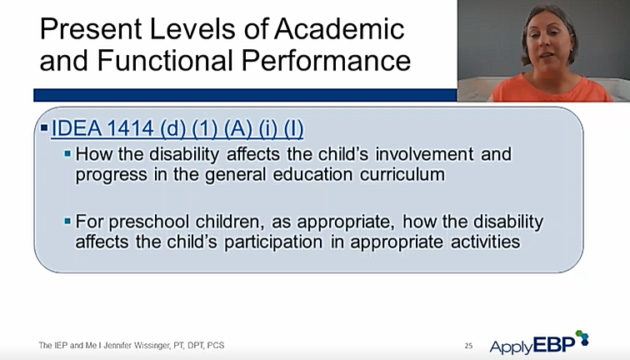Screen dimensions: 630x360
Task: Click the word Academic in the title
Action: (339, 29)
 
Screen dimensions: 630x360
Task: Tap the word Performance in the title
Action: (326, 61)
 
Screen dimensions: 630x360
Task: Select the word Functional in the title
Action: (165, 61)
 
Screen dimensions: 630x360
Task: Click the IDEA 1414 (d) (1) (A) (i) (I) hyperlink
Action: (177, 128)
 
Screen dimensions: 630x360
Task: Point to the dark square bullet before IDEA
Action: (44, 128)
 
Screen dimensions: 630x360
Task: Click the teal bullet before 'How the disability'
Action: (67, 153)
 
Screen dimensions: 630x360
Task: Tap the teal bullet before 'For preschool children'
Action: (67, 221)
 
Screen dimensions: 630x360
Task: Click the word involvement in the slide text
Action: (424, 154)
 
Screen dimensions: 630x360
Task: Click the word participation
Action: (273, 242)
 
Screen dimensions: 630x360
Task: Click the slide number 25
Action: (468, 346)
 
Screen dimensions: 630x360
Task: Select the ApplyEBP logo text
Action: (532, 346)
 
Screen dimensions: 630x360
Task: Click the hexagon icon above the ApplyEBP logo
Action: (582, 337)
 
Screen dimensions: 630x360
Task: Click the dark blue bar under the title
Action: (245, 95)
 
